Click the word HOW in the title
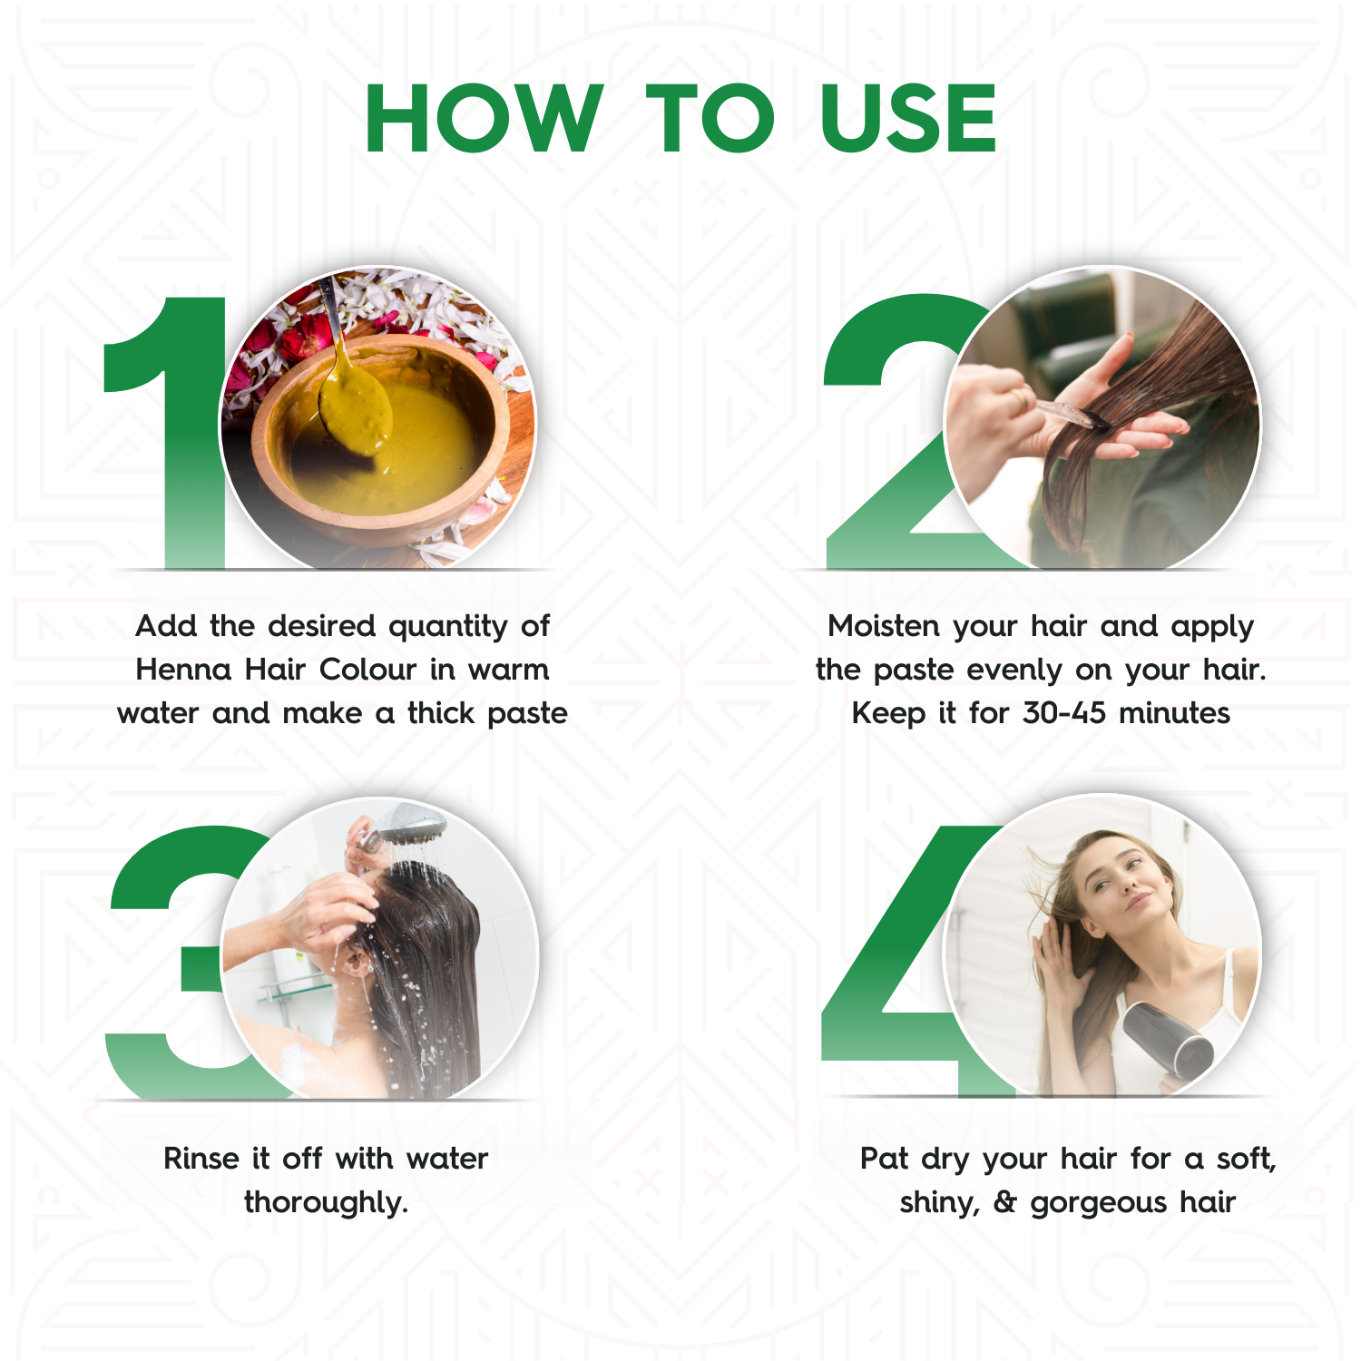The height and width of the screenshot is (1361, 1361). click(484, 119)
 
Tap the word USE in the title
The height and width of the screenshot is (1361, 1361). click(907, 119)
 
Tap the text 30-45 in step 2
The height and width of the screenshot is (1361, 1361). click(1063, 713)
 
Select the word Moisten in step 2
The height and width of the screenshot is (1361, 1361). click(883, 626)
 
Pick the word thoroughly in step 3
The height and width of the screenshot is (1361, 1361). click(326, 1203)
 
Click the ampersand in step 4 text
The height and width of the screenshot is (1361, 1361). click(1004, 1202)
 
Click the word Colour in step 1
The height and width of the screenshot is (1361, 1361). click(367, 670)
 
